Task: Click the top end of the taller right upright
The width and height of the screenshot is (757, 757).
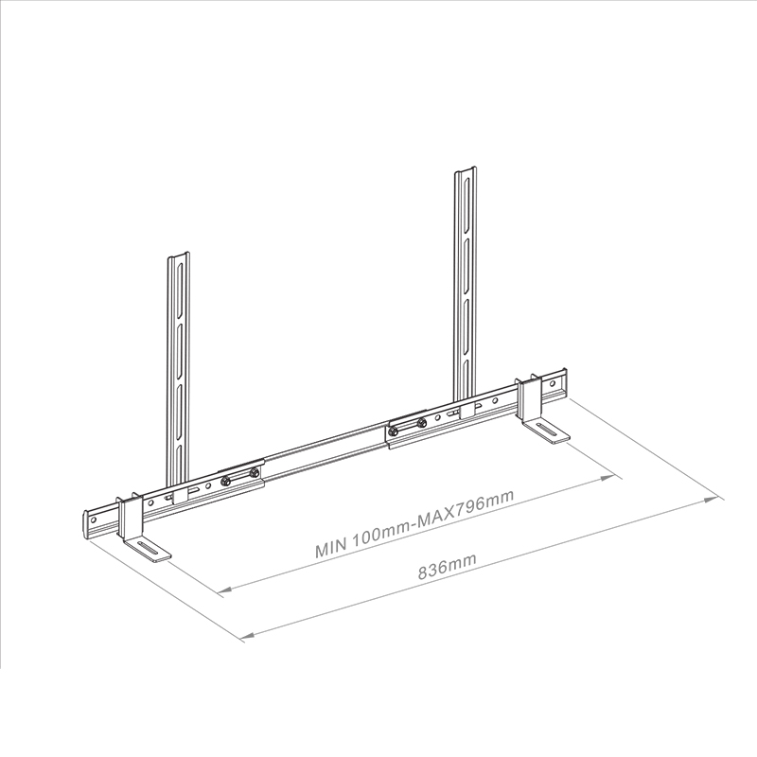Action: coord(466,172)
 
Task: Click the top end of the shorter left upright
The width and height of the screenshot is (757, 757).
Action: coord(178,255)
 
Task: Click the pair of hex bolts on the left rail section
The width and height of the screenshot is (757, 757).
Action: coord(239,478)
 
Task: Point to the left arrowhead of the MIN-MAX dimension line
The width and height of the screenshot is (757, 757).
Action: coord(224,591)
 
